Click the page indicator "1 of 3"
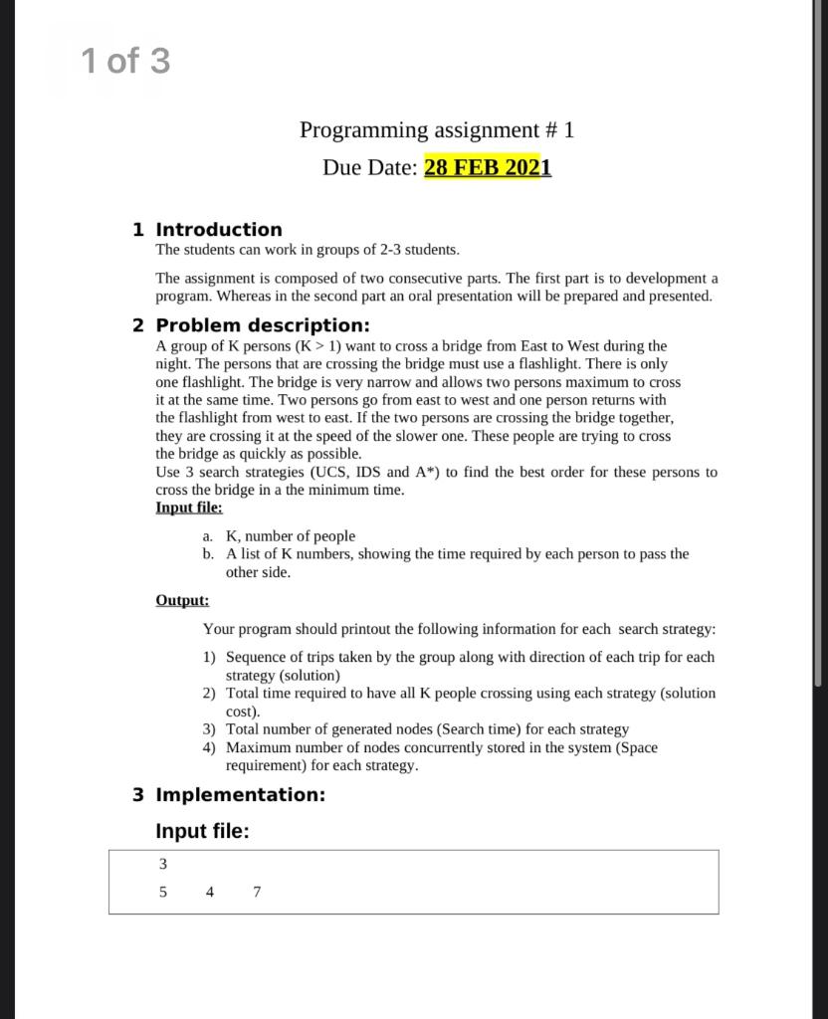click(x=125, y=62)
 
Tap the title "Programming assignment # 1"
click(x=437, y=130)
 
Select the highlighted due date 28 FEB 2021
click(x=487, y=167)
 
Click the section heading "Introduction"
click(x=219, y=230)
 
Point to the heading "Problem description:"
click(x=263, y=325)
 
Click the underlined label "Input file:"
click(x=189, y=508)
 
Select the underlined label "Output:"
click(x=182, y=600)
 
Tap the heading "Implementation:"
click(x=241, y=794)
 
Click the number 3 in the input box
click(x=163, y=864)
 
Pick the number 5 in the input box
click(x=163, y=892)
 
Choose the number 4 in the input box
click(x=210, y=892)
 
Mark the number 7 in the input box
click(x=257, y=892)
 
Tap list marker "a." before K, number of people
click(x=208, y=536)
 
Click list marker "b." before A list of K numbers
click(x=208, y=554)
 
